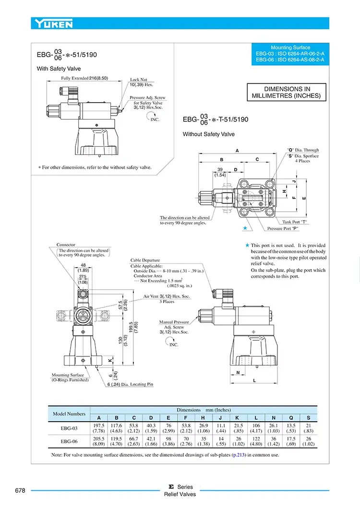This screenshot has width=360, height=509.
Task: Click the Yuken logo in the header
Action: click(x=53, y=23)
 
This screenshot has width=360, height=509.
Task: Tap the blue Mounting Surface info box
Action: click(x=290, y=54)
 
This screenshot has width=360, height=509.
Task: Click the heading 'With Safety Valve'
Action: click(x=59, y=69)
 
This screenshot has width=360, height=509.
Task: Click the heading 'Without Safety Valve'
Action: click(x=209, y=134)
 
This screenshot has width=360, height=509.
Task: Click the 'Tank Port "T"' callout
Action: click(x=295, y=222)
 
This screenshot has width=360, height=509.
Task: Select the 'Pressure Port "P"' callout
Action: click(x=287, y=229)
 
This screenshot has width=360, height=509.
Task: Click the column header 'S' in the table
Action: click(x=308, y=417)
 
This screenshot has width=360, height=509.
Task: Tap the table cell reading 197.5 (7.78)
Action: click(x=99, y=428)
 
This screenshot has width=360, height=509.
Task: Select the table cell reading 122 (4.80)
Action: click(x=256, y=442)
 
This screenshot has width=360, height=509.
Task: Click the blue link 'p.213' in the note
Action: click(x=239, y=455)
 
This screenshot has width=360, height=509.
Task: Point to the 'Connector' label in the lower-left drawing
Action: click(x=66, y=245)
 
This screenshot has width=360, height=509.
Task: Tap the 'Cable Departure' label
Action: click(x=145, y=260)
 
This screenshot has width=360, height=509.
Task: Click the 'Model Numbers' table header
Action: click(x=69, y=414)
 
